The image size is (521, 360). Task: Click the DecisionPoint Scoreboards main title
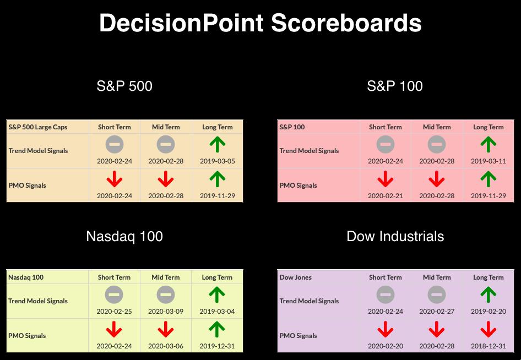tap(260, 23)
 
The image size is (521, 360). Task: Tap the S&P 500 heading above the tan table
tap(124, 86)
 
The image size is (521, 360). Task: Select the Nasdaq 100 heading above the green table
tap(124, 237)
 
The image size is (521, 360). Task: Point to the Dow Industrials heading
tap(395, 237)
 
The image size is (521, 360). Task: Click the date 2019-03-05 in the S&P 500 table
tap(218, 161)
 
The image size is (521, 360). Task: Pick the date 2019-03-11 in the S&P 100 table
tap(488, 161)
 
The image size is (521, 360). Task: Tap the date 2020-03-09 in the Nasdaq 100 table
tap(165, 312)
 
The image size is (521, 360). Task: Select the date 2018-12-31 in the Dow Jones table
tap(488, 346)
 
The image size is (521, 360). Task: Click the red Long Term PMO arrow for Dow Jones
tap(488, 329)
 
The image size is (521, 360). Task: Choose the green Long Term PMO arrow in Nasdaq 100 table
tap(217, 329)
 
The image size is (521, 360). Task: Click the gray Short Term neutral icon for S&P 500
tap(115, 144)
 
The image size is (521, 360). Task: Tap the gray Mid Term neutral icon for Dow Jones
tap(437, 294)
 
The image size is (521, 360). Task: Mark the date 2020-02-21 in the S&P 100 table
tap(385, 196)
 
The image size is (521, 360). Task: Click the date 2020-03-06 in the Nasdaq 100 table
tap(165, 346)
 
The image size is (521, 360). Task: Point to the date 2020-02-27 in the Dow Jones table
tap(437, 312)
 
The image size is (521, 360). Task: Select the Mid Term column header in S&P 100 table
tap(437, 127)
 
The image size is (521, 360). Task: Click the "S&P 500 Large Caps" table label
tap(38, 127)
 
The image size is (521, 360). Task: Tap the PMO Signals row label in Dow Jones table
tap(298, 336)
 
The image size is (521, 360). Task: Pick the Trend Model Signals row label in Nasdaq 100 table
tap(38, 301)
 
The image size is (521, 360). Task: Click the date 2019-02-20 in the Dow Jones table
tap(488, 312)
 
